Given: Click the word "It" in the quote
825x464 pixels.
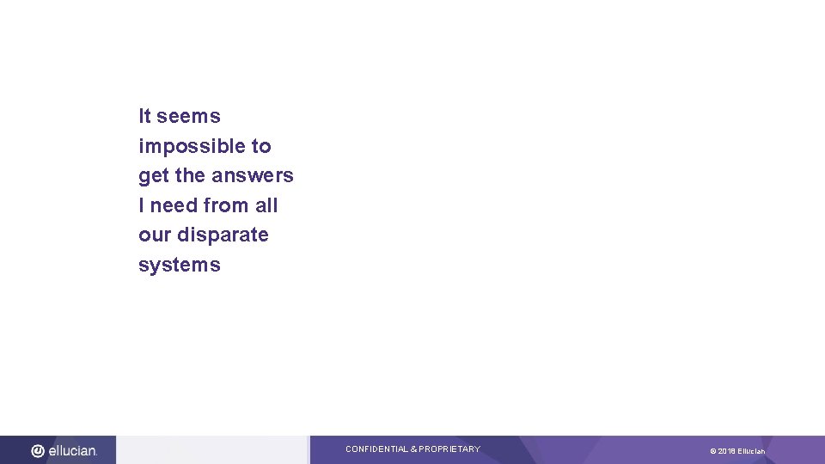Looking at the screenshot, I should pyautogui.click(x=144, y=116).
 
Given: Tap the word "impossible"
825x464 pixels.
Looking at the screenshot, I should pyautogui.click(x=192, y=147).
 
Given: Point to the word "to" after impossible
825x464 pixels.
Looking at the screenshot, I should pyautogui.click(x=261, y=146).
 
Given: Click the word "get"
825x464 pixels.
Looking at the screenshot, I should pyautogui.click(x=153, y=176).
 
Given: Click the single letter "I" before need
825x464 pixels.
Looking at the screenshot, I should pyautogui.click(x=142, y=205).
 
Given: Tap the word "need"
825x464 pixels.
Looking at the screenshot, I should pyautogui.click(x=174, y=205).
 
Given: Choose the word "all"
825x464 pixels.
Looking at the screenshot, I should pyautogui.click(x=266, y=205).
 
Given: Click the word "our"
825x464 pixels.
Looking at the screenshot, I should pyautogui.click(x=156, y=235).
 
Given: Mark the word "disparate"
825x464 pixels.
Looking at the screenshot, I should pyautogui.click(x=223, y=235).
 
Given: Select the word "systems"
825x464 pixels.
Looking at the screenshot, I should pyautogui.click(x=180, y=265).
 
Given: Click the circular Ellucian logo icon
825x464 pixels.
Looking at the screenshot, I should pyautogui.click(x=39, y=450).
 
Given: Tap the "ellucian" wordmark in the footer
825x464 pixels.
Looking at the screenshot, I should pyautogui.click(x=72, y=450).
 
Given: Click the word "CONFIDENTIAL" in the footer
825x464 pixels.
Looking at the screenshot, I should pyautogui.click(x=376, y=449).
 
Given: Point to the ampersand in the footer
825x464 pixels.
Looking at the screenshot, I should pyautogui.click(x=414, y=449).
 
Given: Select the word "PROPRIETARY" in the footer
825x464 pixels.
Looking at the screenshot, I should pyautogui.click(x=449, y=449).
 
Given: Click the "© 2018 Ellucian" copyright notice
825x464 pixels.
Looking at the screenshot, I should pyautogui.click(x=737, y=451).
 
